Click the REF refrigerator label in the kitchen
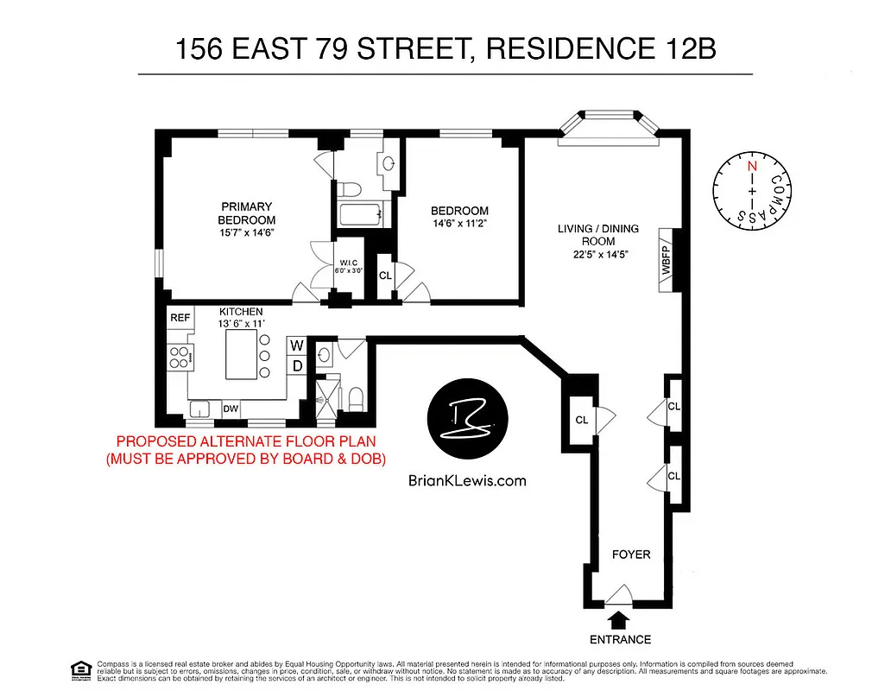coord(180,318)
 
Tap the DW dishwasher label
coord(231,409)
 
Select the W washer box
coord(296,346)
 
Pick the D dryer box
coord(296,365)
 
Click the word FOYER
coord(630,554)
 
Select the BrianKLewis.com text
coord(466,482)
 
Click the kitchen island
coord(241,354)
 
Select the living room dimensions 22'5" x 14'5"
coord(598,255)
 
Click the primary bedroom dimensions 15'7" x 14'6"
coord(246,232)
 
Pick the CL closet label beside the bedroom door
coord(385,276)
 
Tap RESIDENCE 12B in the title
coord(602,49)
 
